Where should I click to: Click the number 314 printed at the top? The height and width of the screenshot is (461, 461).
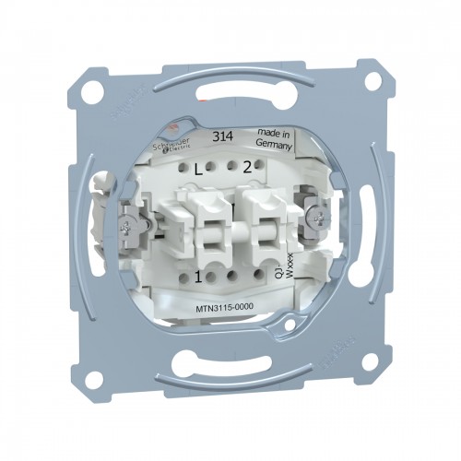point(222,136)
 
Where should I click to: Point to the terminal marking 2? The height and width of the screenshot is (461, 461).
point(247,168)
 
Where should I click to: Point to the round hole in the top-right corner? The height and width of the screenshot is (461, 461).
point(373,80)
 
